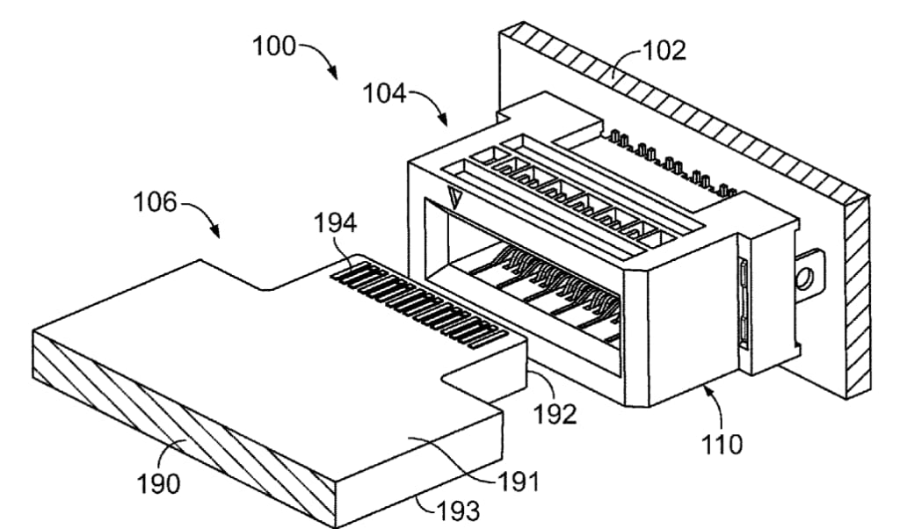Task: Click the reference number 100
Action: point(274,47)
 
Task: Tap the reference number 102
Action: point(664,51)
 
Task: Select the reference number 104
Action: point(385,93)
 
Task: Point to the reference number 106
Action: point(155,202)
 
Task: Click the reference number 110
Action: point(722,444)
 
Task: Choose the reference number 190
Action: point(158,483)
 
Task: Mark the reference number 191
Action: point(519,482)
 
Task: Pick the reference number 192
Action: point(555,414)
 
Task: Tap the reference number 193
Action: point(458,510)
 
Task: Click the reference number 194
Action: point(335,223)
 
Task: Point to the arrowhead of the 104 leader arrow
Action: point(443,120)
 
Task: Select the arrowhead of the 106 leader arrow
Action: point(215,232)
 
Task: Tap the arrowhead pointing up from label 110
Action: point(708,391)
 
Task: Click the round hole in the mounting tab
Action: point(805,279)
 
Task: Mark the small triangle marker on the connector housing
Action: point(456,199)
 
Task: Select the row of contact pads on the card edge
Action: point(418,308)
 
